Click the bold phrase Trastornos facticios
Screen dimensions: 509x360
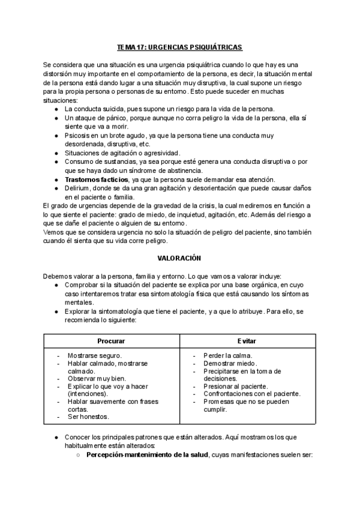click(97, 179)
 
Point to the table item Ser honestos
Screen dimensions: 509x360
click(88, 417)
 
